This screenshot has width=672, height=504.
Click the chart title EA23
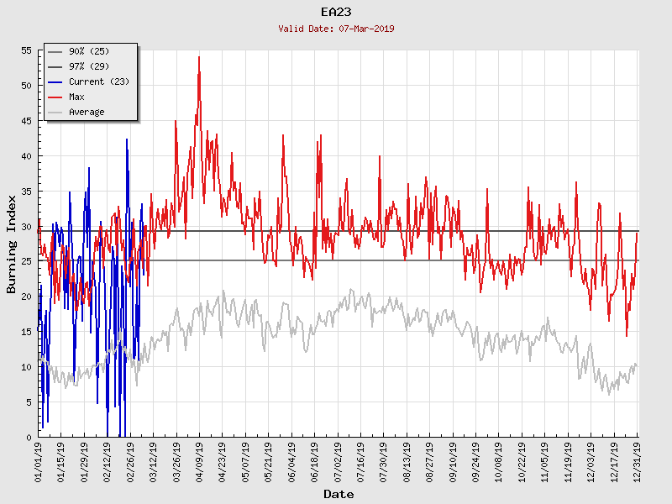[x=336, y=12]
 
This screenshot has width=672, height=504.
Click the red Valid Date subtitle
[x=336, y=29]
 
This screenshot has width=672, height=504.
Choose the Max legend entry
[x=76, y=97]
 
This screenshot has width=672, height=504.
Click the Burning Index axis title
[x=12, y=244]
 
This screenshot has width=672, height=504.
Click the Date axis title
[x=339, y=494]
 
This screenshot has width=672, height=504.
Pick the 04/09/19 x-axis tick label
[x=199, y=462]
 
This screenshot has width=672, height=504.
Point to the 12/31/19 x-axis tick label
[x=637, y=462]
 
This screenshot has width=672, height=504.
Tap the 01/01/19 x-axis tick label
[x=39, y=462]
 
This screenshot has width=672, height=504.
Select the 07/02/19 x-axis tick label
[x=337, y=462]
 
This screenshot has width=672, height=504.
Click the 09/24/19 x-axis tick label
[x=475, y=462]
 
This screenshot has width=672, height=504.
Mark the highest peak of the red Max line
[x=199, y=56]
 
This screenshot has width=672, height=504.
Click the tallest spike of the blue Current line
[x=127, y=139]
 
